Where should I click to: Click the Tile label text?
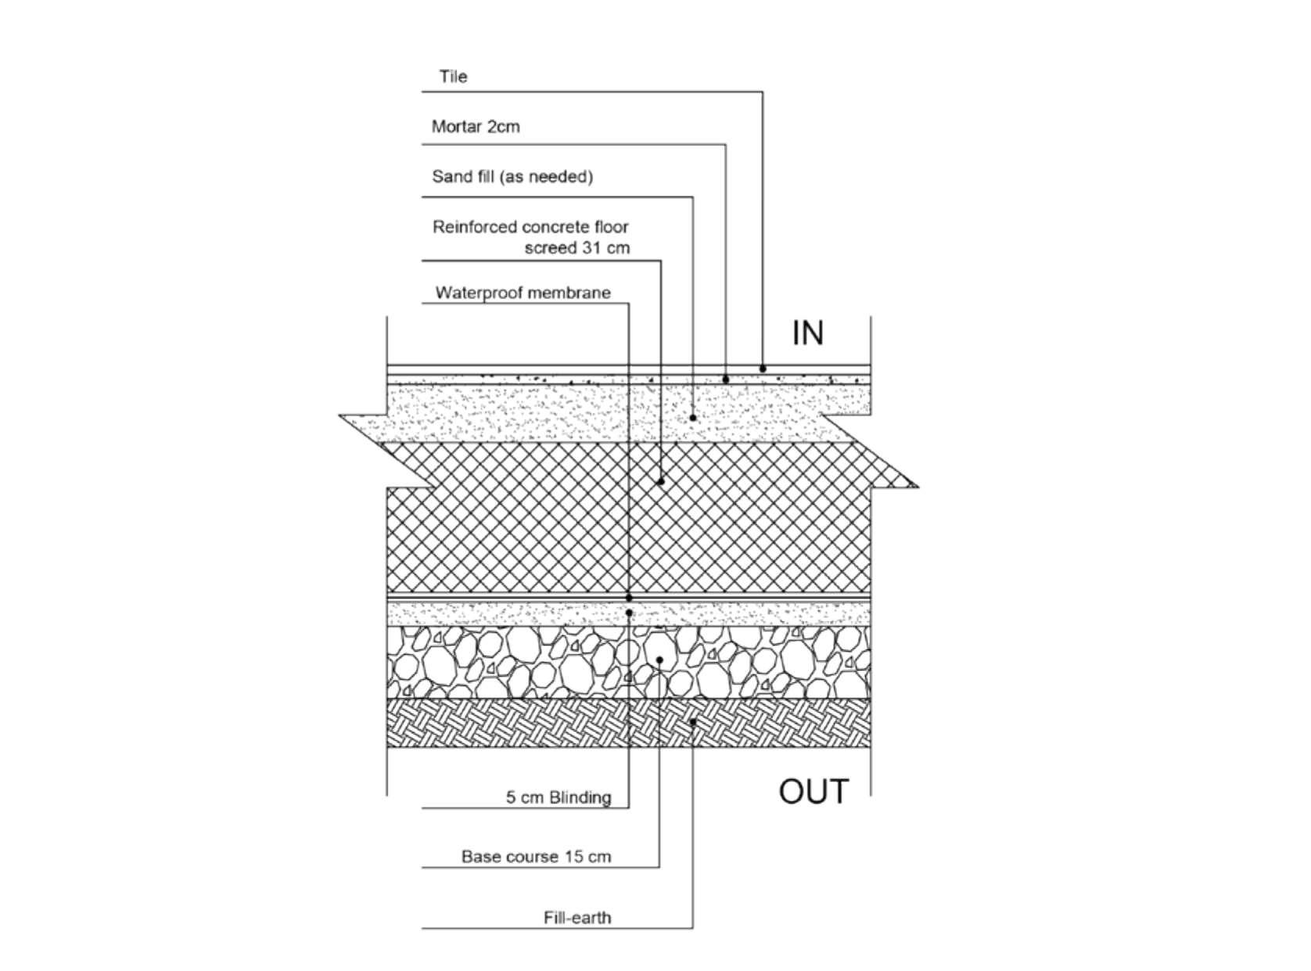click(453, 77)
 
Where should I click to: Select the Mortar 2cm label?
click(476, 127)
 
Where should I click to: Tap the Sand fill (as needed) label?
click(512, 177)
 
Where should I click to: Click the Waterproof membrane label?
click(523, 293)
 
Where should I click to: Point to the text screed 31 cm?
click(576, 248)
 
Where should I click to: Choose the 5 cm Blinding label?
click(558, 798)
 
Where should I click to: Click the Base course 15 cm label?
click(536, 857)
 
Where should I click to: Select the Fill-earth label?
click(577, 918)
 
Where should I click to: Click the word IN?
click(808, 333)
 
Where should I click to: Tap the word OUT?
click(814, 792)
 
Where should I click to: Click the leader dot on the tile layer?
click(763, 369)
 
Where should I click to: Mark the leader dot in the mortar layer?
click(726, 379)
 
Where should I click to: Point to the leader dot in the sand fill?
click(693, 418)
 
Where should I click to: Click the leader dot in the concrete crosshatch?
click(661, 481)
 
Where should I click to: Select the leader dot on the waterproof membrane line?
click(629, 598)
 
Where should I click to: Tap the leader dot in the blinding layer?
click(630, 613)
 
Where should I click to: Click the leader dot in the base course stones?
click(659, 660)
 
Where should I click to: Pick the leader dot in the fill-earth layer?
click(693, 722)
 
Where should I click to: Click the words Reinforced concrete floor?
click(530, 228)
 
